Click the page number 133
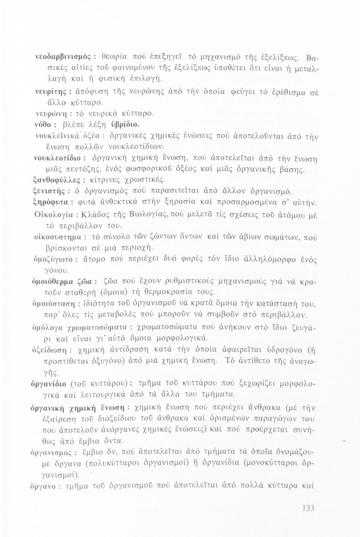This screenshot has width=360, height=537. point(308,508)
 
